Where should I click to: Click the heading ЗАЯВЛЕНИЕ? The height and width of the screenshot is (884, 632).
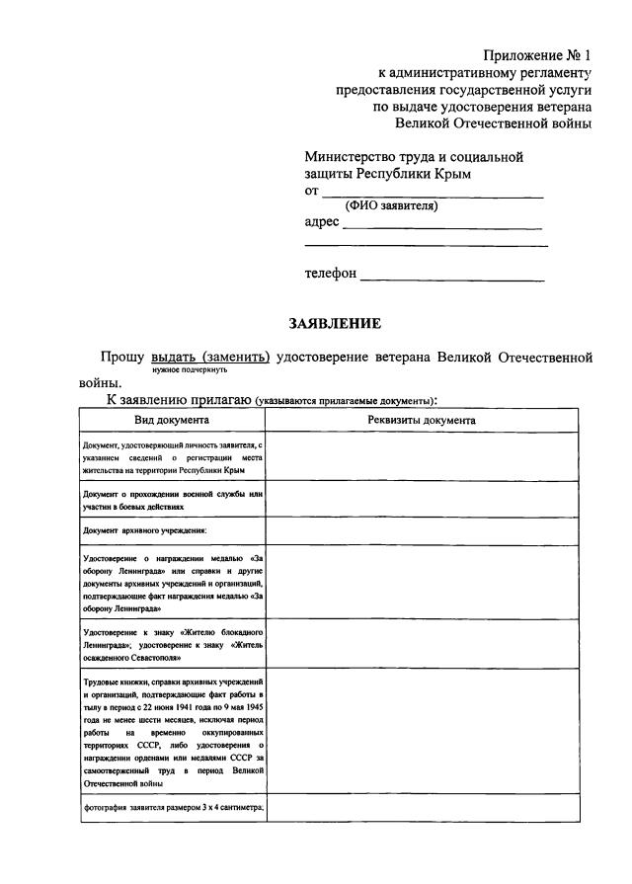point(335,323)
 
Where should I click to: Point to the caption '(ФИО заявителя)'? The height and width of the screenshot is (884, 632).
point(391,206)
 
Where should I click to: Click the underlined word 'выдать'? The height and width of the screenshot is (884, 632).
point(173,357)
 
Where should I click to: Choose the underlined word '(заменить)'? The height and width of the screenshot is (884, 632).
point(235,357)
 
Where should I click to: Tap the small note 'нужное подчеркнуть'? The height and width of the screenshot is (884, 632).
point(191,369)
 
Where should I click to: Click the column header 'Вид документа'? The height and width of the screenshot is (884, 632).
point(172,420)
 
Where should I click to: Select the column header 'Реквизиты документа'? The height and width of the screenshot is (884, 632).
point(422,420)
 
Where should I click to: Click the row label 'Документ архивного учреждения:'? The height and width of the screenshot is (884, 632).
point(144,531)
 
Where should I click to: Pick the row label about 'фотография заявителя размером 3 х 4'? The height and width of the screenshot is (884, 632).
point(173,808)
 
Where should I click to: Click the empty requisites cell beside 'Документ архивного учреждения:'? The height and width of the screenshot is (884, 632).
point(422,531)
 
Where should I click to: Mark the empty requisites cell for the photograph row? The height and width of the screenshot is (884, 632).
point(422,808)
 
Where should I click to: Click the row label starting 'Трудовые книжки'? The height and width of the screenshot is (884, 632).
point(173,732)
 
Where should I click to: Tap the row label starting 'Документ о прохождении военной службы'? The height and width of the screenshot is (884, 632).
point(173,499)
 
